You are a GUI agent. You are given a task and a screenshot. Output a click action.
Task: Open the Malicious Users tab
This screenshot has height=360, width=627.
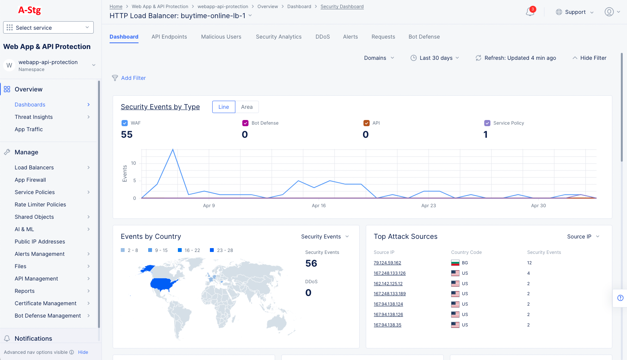point(221,37)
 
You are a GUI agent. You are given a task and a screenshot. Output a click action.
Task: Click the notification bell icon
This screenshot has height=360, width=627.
point(530,12)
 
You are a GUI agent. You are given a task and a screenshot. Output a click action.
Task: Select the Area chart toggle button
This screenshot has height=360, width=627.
point(247,107)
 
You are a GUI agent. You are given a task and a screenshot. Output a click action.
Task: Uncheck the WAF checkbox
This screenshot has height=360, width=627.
point(125,123)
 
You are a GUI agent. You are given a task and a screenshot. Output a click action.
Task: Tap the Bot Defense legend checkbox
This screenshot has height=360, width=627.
point(245,123)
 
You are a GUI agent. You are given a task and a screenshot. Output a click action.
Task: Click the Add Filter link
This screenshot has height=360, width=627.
point(133,78)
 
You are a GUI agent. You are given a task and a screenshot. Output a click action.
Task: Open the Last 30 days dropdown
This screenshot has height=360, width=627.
point(435,58)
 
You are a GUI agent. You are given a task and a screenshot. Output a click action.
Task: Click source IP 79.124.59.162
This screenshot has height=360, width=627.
point(387,263)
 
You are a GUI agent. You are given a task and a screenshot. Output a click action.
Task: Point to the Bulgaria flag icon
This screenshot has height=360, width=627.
point(455,263)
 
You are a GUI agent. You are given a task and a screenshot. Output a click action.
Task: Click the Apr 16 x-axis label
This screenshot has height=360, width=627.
point(319,206)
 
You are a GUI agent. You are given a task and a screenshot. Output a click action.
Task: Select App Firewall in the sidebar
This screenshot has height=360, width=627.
point(30,180)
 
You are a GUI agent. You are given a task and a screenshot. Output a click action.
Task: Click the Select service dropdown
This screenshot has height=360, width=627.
point(48,27)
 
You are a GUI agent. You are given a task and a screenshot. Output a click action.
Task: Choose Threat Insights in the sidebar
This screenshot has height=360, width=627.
point(34,117)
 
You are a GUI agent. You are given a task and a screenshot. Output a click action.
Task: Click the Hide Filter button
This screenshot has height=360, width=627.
point(589,58)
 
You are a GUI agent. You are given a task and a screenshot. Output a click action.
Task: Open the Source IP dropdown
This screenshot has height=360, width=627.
point(583,237)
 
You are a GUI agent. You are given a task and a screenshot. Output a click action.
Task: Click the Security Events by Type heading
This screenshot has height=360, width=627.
point(160,107)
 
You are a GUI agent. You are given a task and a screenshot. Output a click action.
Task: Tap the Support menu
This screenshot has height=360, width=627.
point(575,12)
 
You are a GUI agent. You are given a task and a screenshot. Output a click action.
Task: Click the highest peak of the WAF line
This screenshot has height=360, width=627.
point(173,149)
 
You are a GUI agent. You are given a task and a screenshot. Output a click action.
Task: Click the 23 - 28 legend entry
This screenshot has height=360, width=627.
point(221,250)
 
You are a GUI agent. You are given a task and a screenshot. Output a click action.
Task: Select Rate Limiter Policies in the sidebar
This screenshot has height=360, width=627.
point(40,205)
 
